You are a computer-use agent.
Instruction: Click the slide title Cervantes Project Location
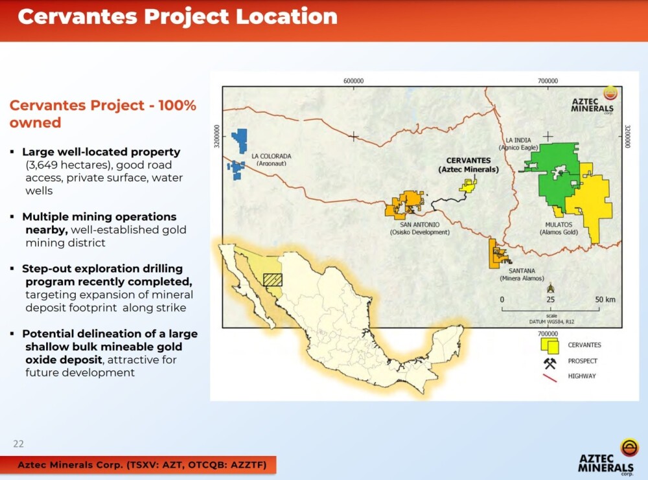point(178,17)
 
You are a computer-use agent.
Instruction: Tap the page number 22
point(19,444)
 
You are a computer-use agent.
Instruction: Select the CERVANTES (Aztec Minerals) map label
point(469,165)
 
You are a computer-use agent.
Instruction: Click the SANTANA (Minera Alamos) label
point(522,275)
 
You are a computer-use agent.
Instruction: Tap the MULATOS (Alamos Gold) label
point(559,229)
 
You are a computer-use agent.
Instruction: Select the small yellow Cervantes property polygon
point(468,186)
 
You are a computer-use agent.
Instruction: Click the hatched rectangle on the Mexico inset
point(273,280)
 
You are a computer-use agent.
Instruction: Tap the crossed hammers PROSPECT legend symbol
point(550,363)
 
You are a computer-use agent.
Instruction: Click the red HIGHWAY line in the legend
point(550,378)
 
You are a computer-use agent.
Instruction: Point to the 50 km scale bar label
point(605,299)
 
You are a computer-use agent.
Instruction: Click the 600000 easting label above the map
point(354,81)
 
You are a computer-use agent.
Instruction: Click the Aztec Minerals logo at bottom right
point(607,458)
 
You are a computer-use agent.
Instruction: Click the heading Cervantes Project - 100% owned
point(102,113)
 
